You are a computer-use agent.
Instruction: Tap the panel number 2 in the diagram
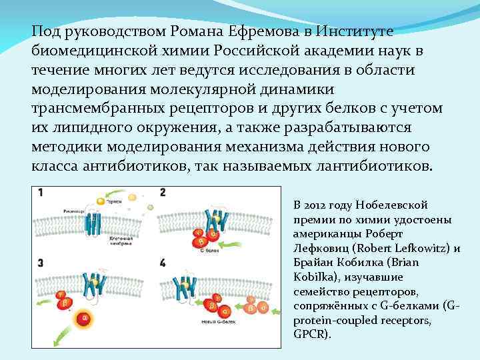(x=163, y=193)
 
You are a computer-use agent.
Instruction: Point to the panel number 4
(x=163, y=263)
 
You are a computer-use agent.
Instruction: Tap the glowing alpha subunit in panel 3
(x=85, y=319)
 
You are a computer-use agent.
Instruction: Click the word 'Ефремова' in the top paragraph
(x=256, y=31)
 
